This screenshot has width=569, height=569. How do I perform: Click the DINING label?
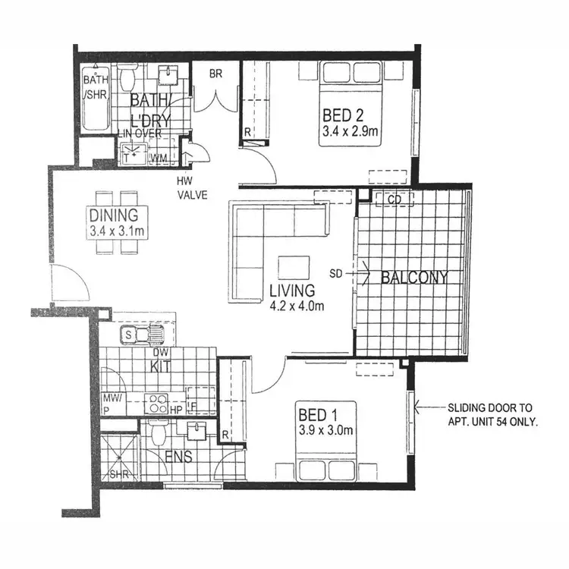pos(112,214)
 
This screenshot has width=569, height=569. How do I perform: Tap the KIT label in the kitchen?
pos(160,367)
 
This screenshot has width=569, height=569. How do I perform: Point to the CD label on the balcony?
pos(393,199)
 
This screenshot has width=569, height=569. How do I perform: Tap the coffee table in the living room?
pos(294,268)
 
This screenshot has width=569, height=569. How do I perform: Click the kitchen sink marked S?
pos(129,334)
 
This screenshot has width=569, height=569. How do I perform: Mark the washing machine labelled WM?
pos(159,158)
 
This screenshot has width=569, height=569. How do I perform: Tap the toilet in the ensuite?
pos(159,435)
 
